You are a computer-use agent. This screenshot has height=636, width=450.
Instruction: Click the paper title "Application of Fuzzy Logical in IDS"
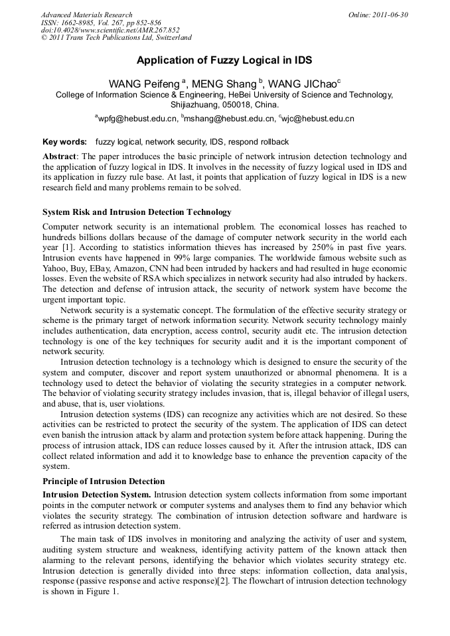coord(224,60)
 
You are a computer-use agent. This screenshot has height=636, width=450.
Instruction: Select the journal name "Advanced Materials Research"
coord(86,15)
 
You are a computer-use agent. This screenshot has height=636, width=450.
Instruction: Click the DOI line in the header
coord(110,31)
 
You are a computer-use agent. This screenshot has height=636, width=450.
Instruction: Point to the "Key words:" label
coord(64,142)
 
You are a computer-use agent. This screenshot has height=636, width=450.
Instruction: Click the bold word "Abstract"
coord(59,155)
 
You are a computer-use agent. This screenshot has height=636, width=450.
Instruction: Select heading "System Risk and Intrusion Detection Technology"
coord(137,212)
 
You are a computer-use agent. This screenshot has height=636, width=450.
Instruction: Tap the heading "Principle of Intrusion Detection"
coord(104,481)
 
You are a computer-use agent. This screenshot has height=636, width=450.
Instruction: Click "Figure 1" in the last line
coord(101,592)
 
